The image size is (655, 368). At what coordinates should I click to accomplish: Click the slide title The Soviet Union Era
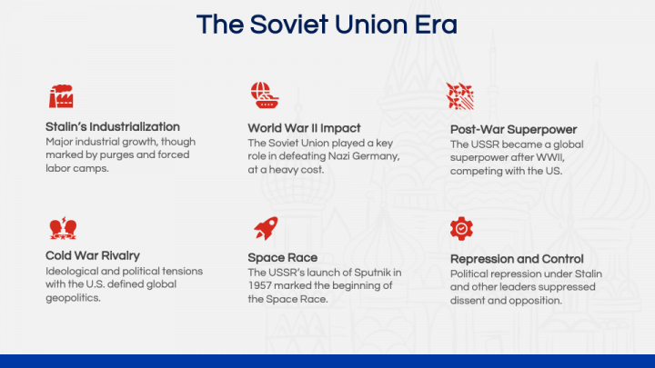327,25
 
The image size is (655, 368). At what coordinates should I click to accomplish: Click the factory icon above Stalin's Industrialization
61,95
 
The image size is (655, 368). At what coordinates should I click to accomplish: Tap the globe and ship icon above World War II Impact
264,95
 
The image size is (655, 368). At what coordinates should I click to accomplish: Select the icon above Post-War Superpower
460,96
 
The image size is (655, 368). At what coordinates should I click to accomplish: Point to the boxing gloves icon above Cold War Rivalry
61,227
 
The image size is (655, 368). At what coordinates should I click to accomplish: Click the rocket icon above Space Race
265,228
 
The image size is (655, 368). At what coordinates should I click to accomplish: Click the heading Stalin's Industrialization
113,126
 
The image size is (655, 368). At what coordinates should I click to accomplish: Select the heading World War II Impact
304,128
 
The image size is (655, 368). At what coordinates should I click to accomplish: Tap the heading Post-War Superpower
513,129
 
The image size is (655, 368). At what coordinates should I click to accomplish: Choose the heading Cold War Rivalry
93,255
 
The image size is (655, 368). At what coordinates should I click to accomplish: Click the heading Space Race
283,257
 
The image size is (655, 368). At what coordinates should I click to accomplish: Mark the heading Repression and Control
517,259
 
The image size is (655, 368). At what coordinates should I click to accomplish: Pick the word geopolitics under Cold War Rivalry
77,297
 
